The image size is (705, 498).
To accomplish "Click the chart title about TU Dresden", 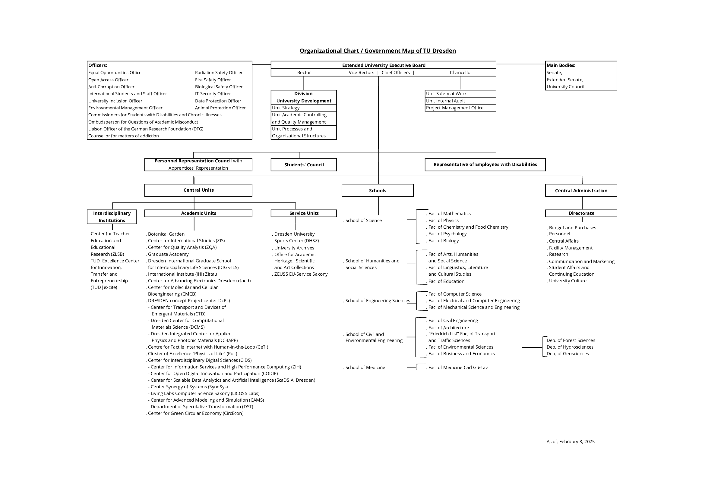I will pyautogui.click(x=378, y=51).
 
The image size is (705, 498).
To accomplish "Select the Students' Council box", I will pyautogui.click(x=304, y=165).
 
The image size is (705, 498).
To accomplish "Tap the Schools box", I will pyautogui.click(x=377, y=190).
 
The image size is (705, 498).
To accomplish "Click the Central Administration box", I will pyautogui.click(x=581, y=190).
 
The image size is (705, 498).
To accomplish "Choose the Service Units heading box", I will pyautogui.click(x=304, y=213).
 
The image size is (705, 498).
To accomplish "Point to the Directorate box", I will pyautogui.click(x=581, y=213).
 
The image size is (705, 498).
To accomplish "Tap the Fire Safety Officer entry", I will pyautogui.click(x=213, y=80).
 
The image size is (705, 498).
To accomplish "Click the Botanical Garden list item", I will pyautogui.click(x=166, y=234).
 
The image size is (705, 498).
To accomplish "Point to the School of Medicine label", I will pyautogui.click(x=365, y=368).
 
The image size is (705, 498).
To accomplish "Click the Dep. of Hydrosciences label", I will pyautogui.click(x=570, y=347).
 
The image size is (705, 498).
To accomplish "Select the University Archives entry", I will pyautogui.click(x=294, y=248).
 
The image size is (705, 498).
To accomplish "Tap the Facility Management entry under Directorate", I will pyautogui.click(x=571, y=248).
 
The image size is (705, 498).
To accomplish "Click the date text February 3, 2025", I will pyautogui.click(x=577, y=442).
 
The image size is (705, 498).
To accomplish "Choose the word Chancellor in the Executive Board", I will pyautogui.click(x=461, y=73).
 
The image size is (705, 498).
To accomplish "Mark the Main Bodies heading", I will pyautogui.click(x=561, y=65).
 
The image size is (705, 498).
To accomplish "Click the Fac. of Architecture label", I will pyautogui.click(x=449, y=328).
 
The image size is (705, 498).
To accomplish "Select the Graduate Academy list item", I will pyautogui.click(x=168, y=254).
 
